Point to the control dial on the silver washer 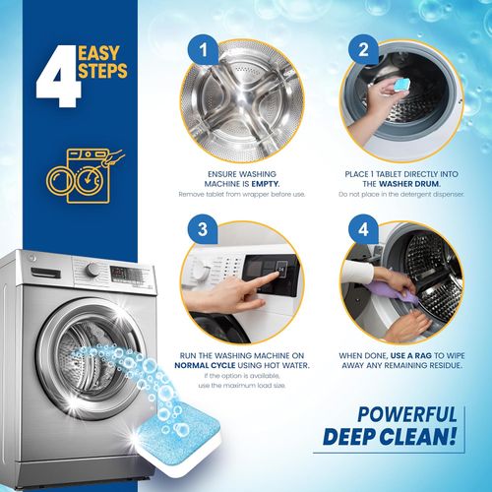pyautogui.click(x=92, y=269)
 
